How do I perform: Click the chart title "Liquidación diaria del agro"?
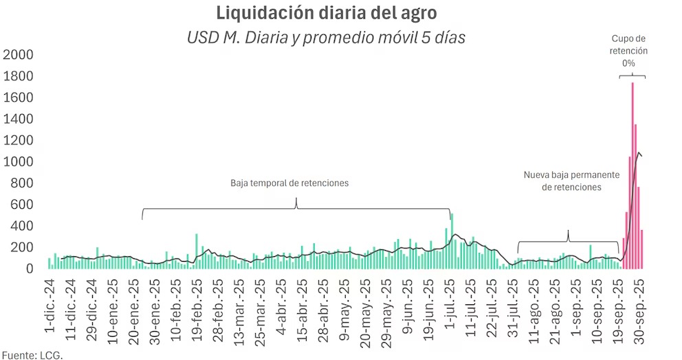[326, 13]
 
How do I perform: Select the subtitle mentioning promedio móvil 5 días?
[326, 37]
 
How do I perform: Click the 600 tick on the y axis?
[21, 205]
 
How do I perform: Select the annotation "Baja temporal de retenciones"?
[289, 183]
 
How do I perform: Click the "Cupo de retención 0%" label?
[628, 51]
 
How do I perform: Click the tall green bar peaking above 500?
[452, 240]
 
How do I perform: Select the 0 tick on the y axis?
[30, 269]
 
